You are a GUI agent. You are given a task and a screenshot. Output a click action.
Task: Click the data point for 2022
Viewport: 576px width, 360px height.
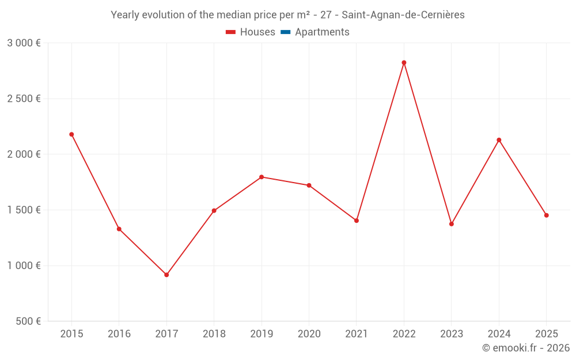404,63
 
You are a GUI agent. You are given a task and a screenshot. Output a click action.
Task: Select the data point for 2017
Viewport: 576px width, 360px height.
166,275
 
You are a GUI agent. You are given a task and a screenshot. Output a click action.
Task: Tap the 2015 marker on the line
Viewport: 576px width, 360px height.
71,134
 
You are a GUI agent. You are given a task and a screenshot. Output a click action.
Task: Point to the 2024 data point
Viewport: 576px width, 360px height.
499,140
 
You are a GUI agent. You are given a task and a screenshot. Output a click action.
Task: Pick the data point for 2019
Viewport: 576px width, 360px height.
262,177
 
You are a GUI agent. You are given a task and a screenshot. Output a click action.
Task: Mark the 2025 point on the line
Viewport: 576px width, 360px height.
547,215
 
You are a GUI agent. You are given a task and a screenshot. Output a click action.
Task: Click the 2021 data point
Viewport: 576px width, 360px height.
357,221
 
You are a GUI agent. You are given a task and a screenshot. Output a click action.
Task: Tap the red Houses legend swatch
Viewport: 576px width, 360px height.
231,32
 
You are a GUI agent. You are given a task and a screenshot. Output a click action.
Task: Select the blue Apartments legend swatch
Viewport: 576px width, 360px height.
286,32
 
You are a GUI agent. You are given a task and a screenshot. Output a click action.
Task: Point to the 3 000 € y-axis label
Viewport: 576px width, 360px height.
24,43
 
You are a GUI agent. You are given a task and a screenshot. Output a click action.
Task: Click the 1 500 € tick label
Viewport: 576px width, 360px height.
24,210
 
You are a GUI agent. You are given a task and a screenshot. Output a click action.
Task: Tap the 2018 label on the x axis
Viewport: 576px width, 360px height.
214,334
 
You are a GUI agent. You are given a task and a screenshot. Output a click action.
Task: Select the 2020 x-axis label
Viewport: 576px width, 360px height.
309,334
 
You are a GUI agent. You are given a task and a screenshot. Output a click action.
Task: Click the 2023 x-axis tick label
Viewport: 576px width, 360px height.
452,334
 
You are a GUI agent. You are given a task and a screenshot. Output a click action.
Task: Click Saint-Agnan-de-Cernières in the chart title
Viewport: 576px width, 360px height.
403,15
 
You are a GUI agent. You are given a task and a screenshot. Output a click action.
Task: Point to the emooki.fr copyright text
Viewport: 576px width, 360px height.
526,348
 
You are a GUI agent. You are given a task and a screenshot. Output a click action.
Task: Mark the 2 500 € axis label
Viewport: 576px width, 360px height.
24,98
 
